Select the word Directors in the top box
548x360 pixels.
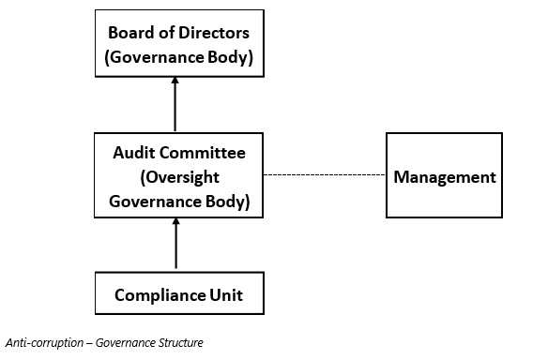tap(214, 33)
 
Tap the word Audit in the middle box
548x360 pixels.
tap(134, 153)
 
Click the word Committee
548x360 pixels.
tap(203, 153)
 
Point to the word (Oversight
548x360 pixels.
tap(179, 178)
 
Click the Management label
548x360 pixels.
tap(445, 177)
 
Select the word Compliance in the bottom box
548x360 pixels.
tap(160, 295)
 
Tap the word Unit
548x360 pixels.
tap(226, 295)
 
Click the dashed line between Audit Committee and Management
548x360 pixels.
tap(325, 174)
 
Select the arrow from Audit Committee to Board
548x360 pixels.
tap(175, 104)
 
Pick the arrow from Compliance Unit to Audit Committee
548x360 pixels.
tap(175, 244)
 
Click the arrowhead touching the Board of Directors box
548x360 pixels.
tap(175, 80)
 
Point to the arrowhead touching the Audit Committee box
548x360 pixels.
tap(175, 221)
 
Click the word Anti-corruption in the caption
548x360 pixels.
tap(44, 342)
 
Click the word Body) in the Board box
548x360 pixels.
tap(230, 57)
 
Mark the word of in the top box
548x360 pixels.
tap(166, 33)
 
